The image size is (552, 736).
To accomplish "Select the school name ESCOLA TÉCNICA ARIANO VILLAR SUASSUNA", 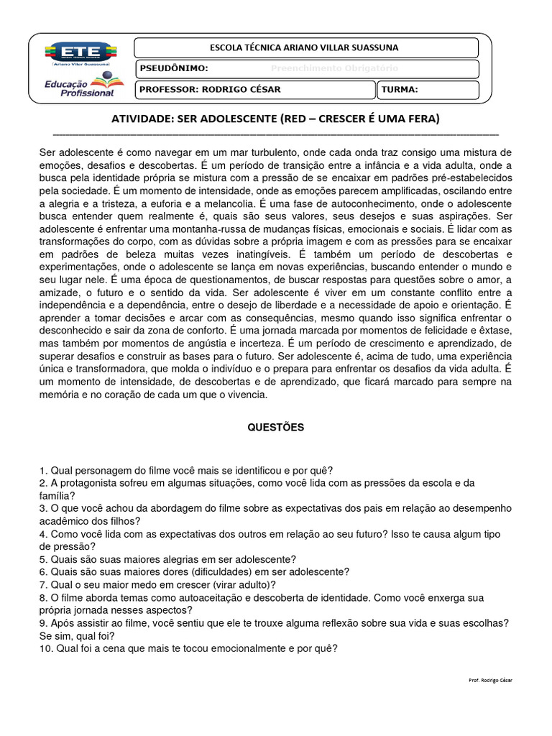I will pyautogui.click(x=303, y=48).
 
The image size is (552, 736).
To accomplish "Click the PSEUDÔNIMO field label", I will pyautogui.click(x=174, y=69).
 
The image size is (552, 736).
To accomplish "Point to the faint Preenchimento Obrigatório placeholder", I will pyautogui.click(x=333, y=69).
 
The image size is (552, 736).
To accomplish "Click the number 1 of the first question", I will pyautogui.click(x=42, y=470).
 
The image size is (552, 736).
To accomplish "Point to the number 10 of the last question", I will pyautogui.click(x=45, y=648).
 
